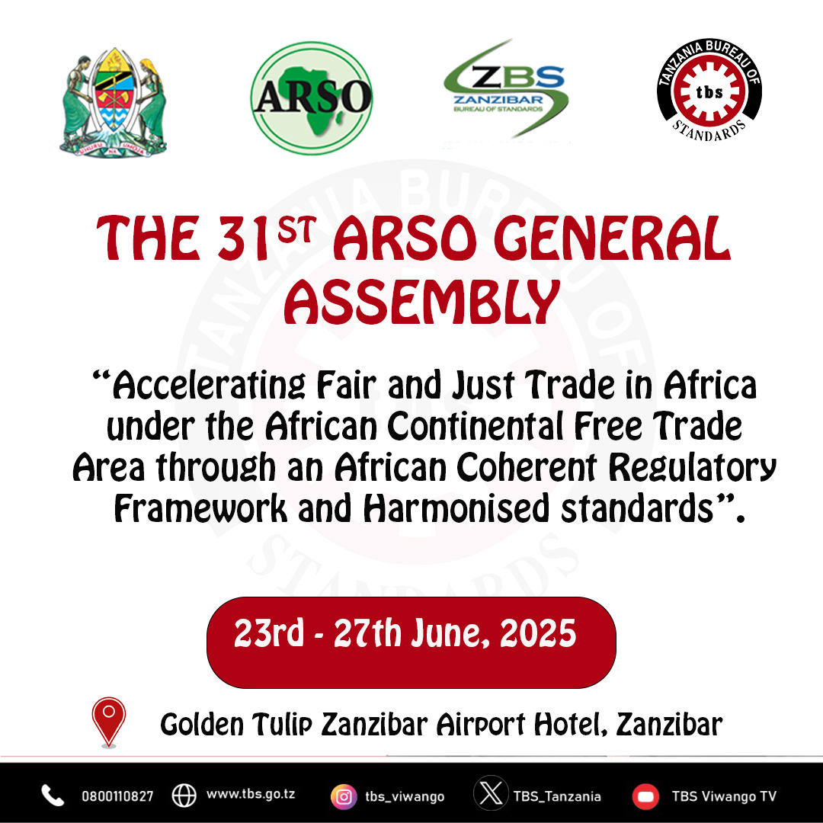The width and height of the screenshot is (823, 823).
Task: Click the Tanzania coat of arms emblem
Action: (113, 102)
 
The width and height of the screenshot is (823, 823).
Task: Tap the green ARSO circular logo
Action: (312, 98)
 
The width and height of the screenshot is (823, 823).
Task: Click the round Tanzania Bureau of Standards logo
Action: (709, 90)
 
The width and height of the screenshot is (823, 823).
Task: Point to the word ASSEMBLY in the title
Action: (422, 302)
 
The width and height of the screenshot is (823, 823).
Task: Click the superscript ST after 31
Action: (297, 229)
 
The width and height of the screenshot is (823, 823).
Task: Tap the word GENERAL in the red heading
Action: (612, 239)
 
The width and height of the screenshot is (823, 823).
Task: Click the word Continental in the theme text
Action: (476, 426)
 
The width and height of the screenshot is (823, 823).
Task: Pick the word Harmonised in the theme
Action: (456, 508)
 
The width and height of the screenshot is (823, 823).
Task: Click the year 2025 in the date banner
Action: (537, 633)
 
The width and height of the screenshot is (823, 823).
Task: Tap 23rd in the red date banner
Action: (269, 632)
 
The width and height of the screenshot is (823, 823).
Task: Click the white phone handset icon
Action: (53, 795)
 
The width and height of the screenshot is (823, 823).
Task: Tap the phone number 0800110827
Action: (117, 796)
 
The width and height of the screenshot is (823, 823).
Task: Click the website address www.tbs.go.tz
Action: (251, 794)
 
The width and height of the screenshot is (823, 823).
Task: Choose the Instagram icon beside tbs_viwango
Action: (344, 796)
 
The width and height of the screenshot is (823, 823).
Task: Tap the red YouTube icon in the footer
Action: (645, 796)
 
